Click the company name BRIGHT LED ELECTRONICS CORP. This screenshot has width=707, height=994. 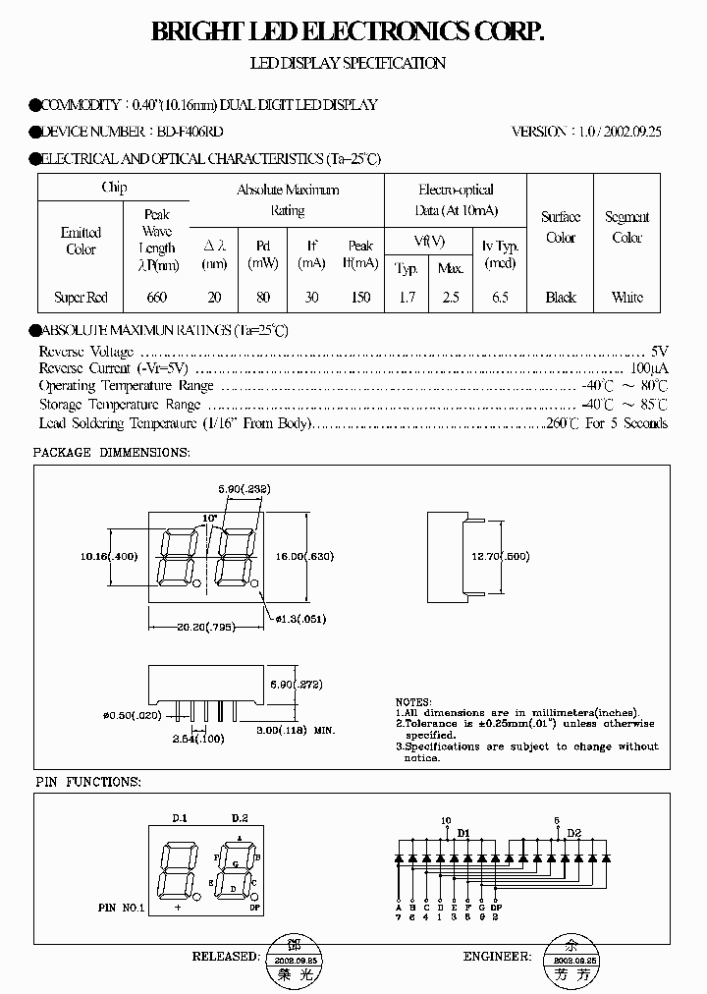(348, 33)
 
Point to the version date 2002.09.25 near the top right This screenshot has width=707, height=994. (628, 132)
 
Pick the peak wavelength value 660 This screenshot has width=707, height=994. (156, 297)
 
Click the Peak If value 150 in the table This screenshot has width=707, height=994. (360, 297)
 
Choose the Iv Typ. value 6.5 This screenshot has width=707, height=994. (500, 297)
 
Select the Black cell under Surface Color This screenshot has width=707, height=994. (561, 297)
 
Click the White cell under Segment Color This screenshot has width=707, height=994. (626, 297)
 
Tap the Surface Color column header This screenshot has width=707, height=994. (561, 227)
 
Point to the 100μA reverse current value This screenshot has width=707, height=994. (652, 368)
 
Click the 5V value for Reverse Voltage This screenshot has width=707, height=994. (660, 351)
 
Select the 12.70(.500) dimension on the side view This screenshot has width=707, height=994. (500, 557)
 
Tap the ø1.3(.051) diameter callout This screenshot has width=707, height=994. (300, 619)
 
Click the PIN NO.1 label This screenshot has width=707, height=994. (122, 909)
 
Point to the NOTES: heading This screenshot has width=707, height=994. (414, 702)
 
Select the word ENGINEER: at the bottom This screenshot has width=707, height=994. (497, 955)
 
